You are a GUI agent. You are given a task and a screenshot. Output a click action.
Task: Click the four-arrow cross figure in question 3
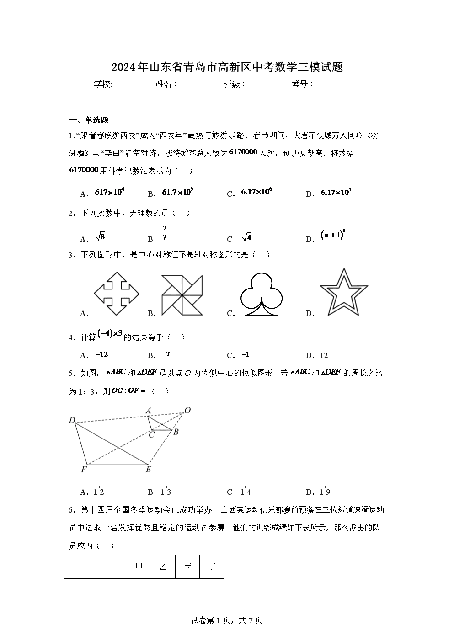coord(117,294)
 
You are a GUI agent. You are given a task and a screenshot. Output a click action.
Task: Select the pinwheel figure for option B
coord(182,295)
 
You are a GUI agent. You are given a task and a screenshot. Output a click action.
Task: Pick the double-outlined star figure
coord(343,293)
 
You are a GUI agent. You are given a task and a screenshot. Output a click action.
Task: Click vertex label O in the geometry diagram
coord(187,410)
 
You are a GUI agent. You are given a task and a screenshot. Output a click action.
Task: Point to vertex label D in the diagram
coord(72,420)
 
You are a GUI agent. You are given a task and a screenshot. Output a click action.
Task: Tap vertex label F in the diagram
coord(84,470)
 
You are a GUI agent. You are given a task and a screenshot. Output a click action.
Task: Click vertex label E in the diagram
coord(148,470)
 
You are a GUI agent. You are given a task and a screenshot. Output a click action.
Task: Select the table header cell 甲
coord(139,567)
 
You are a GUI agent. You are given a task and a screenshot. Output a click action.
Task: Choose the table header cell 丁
coord(212,567)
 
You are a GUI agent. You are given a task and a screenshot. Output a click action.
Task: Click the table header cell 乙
coord(163,567)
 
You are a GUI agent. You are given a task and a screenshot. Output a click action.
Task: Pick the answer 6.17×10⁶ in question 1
coord(256,192)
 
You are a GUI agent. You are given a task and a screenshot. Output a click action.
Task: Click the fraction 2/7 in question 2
coord(165,233)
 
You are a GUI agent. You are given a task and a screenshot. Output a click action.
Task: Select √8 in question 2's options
coord(100,237)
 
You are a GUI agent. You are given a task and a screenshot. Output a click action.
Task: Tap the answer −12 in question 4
coord(101,354)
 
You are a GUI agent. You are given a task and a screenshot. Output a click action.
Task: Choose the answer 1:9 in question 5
coord(325,492)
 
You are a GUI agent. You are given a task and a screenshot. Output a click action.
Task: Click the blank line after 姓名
coord(201,85)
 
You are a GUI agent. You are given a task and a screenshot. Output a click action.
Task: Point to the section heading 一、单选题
coord(89,120)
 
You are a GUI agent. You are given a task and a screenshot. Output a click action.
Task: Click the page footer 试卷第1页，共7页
coord(227,621)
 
